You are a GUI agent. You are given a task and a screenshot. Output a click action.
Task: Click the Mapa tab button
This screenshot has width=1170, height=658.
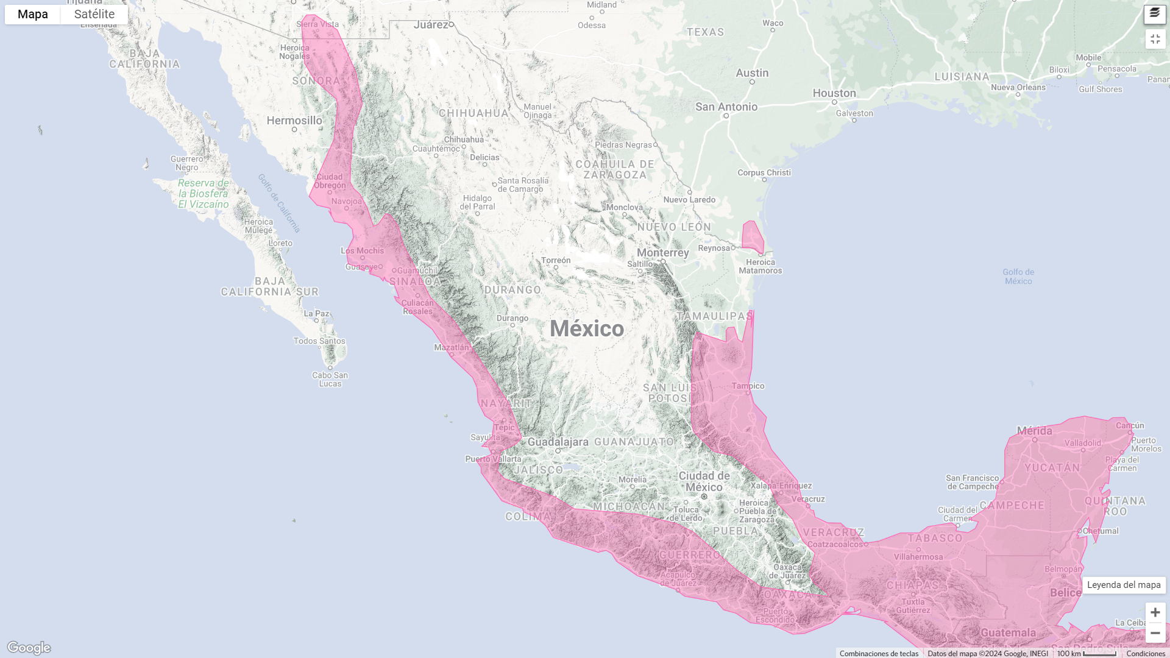coord(33,15)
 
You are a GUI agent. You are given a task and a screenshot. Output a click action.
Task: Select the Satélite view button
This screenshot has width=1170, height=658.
coord(94,15)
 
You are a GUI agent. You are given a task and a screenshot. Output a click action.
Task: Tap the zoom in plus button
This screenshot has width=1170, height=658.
coord(1155,612)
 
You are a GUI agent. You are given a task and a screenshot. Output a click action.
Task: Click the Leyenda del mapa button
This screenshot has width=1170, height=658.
coord(1124,585)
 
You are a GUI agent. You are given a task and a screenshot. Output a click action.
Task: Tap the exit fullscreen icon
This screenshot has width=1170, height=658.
coord(1155,39)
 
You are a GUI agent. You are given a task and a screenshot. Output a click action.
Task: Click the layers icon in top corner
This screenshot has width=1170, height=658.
coord(1155,13)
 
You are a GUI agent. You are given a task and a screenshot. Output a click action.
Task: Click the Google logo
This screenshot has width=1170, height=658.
coord(29,647)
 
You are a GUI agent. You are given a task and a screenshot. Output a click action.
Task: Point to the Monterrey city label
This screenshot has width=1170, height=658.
coord(662,253)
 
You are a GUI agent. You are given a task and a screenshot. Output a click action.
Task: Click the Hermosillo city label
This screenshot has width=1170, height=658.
coord(294,121)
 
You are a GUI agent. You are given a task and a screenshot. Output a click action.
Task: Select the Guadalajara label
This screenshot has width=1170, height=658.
coord(558,442)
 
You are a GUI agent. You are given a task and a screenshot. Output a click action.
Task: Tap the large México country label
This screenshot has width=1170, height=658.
coord(587,329)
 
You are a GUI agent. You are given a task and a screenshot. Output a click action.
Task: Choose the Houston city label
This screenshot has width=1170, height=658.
coord(834,93)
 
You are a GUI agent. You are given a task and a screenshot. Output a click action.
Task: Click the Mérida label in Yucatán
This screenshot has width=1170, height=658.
coord(1034,431)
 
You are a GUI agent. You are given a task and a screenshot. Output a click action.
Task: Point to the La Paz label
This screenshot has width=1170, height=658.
coord(317,314)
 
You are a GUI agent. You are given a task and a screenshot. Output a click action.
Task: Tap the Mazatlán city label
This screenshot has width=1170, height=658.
coord(452,347)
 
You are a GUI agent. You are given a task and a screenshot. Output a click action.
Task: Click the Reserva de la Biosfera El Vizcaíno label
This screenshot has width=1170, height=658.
coord(204,194)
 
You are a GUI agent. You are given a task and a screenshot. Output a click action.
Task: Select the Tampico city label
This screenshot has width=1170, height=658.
coord(748,386)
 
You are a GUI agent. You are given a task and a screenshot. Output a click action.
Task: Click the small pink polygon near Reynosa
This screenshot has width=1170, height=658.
coord(753,236)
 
